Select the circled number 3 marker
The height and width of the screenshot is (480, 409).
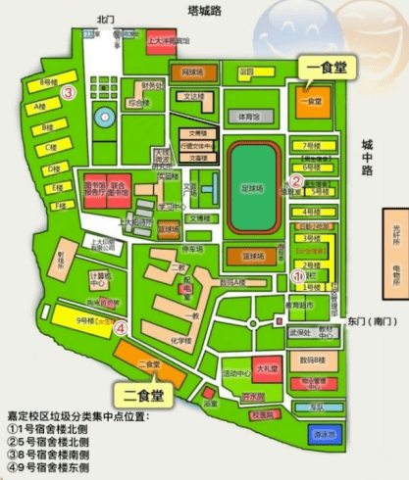pyautogui.click(x=69, y=93)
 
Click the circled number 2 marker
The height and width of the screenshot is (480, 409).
pyautogui.click(x=297, y=179)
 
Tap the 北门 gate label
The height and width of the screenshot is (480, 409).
pyautogui.click(x=106, y=19)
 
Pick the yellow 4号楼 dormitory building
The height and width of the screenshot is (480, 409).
pyautogui.click(x=311, y=211)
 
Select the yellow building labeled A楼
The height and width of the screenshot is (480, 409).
pyautogui.click(x=41, y=106)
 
